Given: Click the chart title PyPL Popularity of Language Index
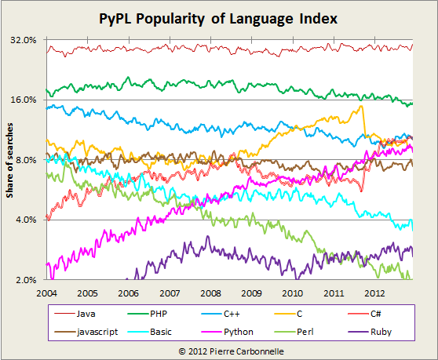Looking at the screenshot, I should [219, 17].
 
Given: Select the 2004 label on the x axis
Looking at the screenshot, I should [46, 293].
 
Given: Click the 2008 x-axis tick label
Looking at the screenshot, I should [210, 293].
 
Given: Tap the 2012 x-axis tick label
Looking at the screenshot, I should [373, 293].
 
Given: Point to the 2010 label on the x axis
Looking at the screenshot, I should [291, 293].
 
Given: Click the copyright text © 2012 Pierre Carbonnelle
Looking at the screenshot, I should [219, 351].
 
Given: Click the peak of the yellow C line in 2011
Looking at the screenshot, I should [361, 107].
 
